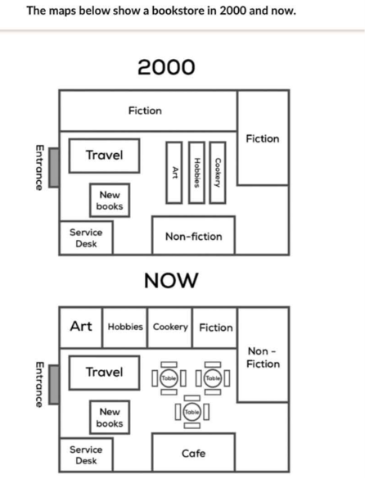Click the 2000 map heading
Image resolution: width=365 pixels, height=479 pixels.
(x=166, y=67)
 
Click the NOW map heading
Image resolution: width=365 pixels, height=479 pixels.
(x=171, y=280)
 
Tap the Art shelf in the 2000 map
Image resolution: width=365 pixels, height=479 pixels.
(x=174, y=173)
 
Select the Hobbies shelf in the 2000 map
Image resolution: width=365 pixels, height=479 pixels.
(x=196, y=173)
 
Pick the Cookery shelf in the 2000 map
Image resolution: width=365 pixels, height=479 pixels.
(x=218, y=173)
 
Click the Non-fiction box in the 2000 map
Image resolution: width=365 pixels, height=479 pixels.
(x=194, y=235)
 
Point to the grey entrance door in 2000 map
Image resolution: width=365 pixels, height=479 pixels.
(x=54, y=167)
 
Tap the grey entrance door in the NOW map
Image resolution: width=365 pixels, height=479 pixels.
(x=54, y=384)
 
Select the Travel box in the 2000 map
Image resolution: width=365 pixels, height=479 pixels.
(x=105, y=156)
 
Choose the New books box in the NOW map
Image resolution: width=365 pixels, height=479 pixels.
(x=110, y=418)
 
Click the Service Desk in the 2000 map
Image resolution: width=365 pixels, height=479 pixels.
(x=86, y=237)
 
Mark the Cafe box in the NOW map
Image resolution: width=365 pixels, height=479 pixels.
(x=194, y=453)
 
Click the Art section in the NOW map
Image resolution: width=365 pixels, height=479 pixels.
(x=81, y=328)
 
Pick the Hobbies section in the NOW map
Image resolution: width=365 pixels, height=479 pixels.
(x=125, y=328)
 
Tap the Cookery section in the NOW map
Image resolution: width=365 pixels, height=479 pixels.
(x=170, y=328)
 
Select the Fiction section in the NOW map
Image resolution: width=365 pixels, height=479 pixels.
(x=215, y=328)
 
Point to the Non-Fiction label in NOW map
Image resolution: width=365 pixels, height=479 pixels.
(x=263, y=358)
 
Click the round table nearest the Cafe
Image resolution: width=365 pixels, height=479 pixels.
(x=192, y=412)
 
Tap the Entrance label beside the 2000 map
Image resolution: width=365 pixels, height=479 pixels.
(x=39, y=167)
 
